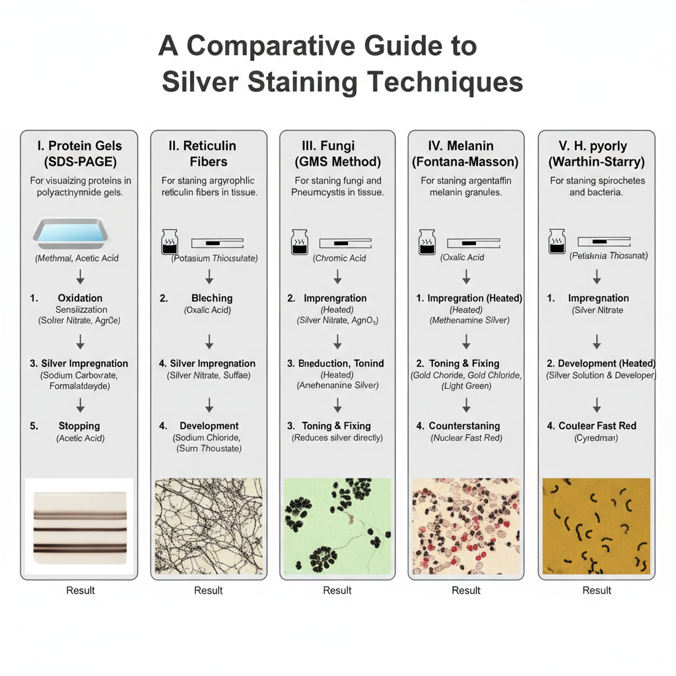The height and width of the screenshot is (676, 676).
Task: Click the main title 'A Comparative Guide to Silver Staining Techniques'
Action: click(x=341, y=65)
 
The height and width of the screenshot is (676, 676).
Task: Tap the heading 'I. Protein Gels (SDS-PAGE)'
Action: click(x=79, y=153)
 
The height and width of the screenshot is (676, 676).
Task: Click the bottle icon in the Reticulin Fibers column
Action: click(x=169, y=242)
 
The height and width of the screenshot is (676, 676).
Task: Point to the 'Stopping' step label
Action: click(x=79, y=426)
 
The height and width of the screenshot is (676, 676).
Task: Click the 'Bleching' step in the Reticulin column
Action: click(x=211, y=298)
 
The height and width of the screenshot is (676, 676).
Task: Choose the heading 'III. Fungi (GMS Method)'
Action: click(x=337, y=153)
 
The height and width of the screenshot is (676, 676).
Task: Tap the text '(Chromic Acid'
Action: click(x=339, y=258)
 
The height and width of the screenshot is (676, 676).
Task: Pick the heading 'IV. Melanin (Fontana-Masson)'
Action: click(x=465, y=153)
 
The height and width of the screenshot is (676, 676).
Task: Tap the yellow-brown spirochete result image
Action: click(x=596, y=526)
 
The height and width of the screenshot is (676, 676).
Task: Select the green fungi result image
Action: click(x=337, y=526)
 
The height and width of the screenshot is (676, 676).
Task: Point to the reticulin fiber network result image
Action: click(x=209, y=526)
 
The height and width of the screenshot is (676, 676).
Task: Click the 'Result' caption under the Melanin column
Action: click(x=465, y=590)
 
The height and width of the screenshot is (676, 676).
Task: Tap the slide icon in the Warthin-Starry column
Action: click(x=604, y=242)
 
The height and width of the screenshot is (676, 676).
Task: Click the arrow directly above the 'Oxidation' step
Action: click(x=81, y=277)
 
